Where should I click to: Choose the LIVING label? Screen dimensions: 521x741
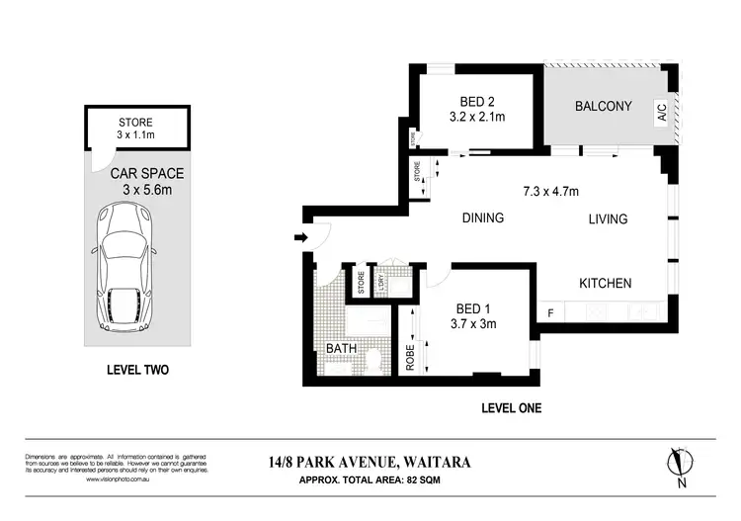pos(608,218)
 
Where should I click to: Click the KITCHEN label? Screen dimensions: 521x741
pos(604,284)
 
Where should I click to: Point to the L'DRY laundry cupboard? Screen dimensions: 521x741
pos(380,282)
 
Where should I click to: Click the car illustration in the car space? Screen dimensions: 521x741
pos(123,269)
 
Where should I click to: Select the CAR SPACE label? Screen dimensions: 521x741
pos(147,172)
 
